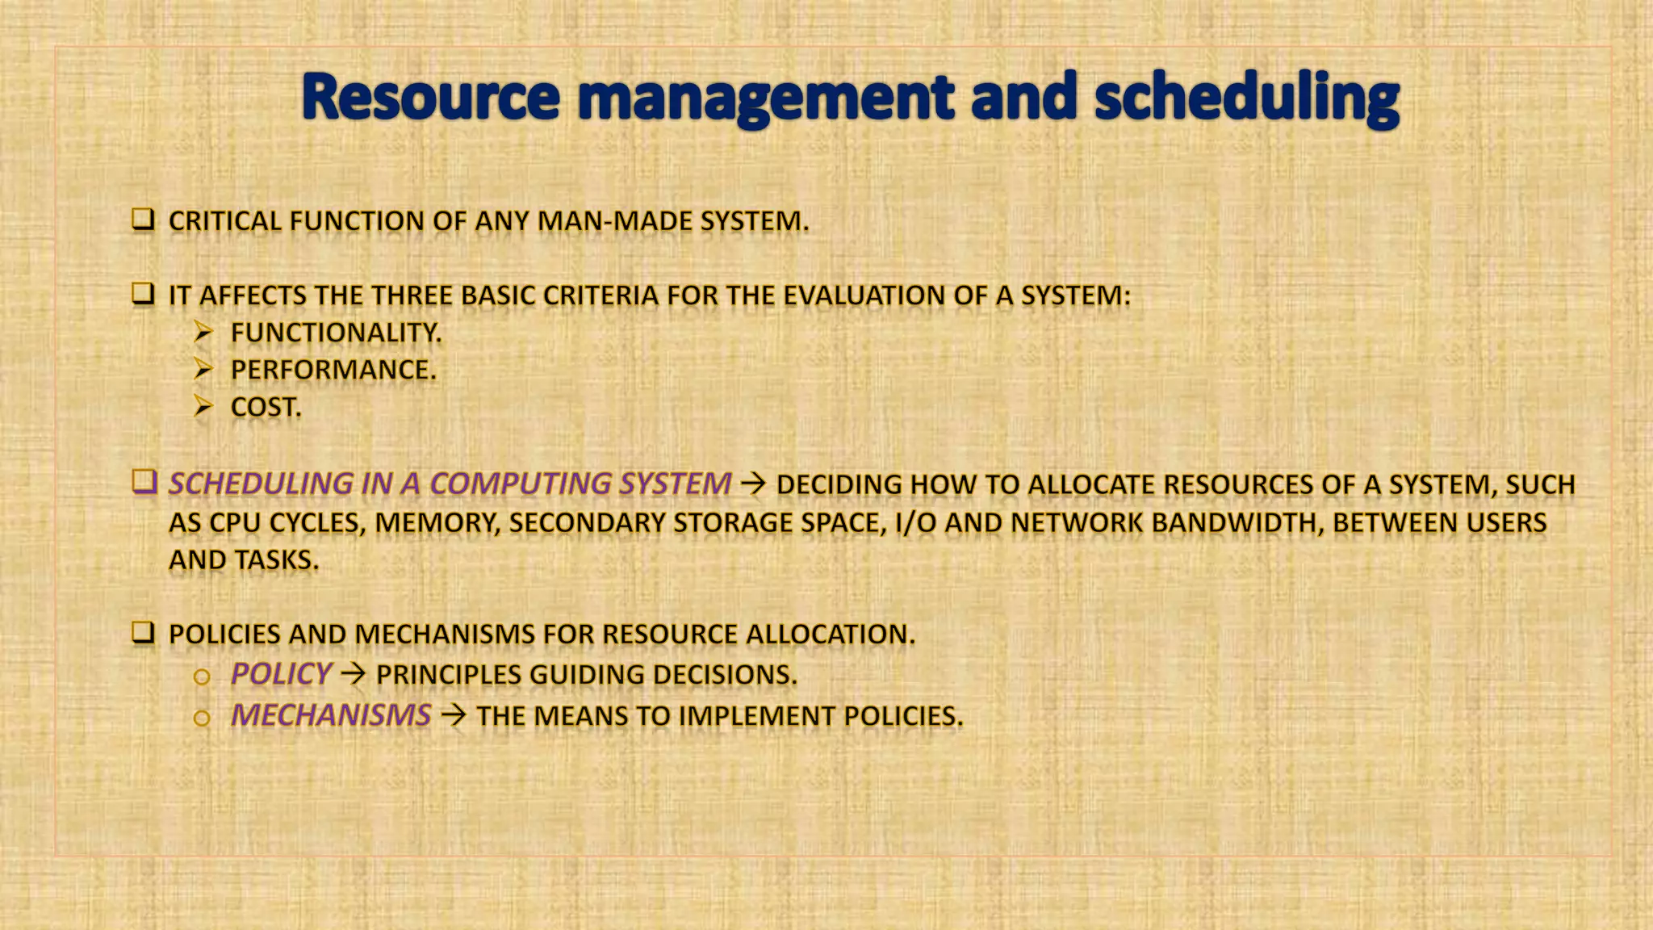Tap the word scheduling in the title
pyautogui.click(x=1246, y=99)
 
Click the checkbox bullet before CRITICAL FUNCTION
pyautogui.click(x=143, y=220)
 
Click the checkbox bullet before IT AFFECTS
pyautogui.click(x=143, y=294)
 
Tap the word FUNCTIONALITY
pyautogui.click(x=336, y=333)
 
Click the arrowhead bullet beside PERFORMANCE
pyautogui.click(x=203, y=370)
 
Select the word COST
pyautogui.click(x=266, y=407)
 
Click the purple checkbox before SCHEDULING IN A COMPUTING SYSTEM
pyautogui.click(x=144, y=482)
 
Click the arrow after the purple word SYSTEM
pyautogui.click(x=753, y=484)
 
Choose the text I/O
pyautogui.click(x=915, y=522)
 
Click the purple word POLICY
pyautogui.click(x=280, y=674)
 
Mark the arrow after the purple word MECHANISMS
pyautogui.click(x=453, y=715)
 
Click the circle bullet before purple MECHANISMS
pyautogui.click(x=202, y=718)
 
